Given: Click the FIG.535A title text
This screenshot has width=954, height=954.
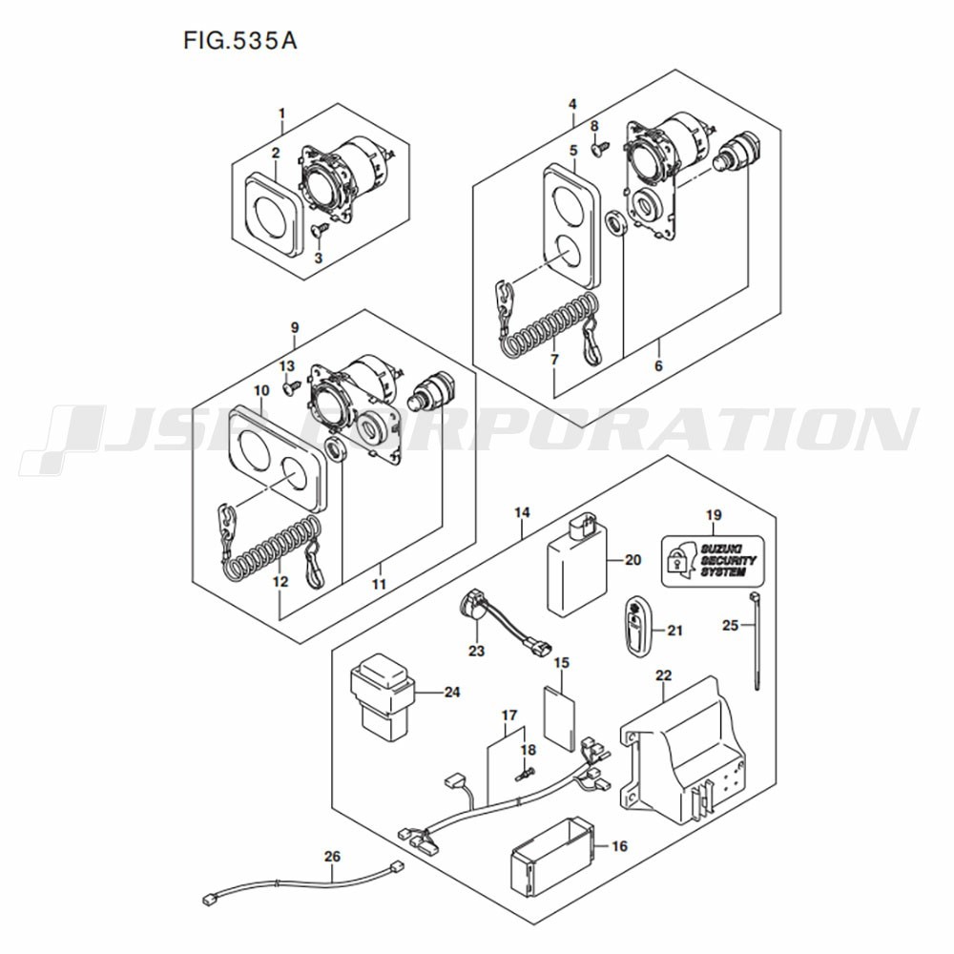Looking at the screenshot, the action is pyautogui.click(x=240, y=41).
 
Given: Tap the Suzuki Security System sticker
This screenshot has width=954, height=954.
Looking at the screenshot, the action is pyautogui.click(x=712, y=561).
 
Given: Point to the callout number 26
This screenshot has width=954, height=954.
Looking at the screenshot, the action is pyautogui.click(x=332, y=856).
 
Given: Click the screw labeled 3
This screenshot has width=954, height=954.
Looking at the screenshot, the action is pyautogui.click(x=319, y=229).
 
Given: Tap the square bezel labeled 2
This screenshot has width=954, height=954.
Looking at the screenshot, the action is pyautogui.click(x=273, y=214).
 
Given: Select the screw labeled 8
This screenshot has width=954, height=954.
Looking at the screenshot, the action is pyautogui.click(x=600, y=146).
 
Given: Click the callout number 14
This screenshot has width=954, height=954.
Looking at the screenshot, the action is pyautogui.click(x=522, y=512).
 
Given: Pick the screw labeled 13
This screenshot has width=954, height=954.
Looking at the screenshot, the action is pyautogui.click(x=292, y=386).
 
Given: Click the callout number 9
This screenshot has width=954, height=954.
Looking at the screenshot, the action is pyautogui.click(x=295, y=327).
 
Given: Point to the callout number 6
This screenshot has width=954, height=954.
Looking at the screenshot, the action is pyautogui.click(x=658, y=365).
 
